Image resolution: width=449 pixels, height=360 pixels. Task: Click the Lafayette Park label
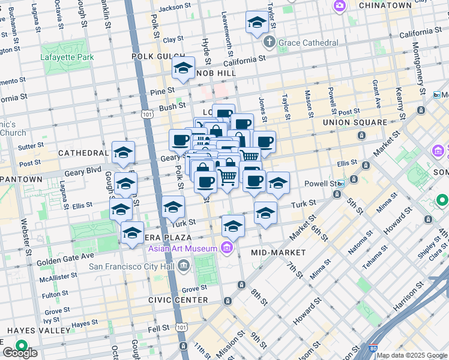(68, 58)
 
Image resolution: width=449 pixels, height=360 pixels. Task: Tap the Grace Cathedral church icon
(269, 43)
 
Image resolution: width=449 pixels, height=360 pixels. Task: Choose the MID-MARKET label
(279, 253)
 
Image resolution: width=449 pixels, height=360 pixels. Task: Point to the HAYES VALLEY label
(30, 331)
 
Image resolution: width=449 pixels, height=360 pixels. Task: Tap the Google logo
(20, 353)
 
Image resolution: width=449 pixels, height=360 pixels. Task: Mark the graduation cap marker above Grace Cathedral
(257, 24)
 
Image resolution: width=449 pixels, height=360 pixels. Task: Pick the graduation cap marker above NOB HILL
(183, 69)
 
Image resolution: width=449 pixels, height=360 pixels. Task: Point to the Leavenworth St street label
(224, 24)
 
